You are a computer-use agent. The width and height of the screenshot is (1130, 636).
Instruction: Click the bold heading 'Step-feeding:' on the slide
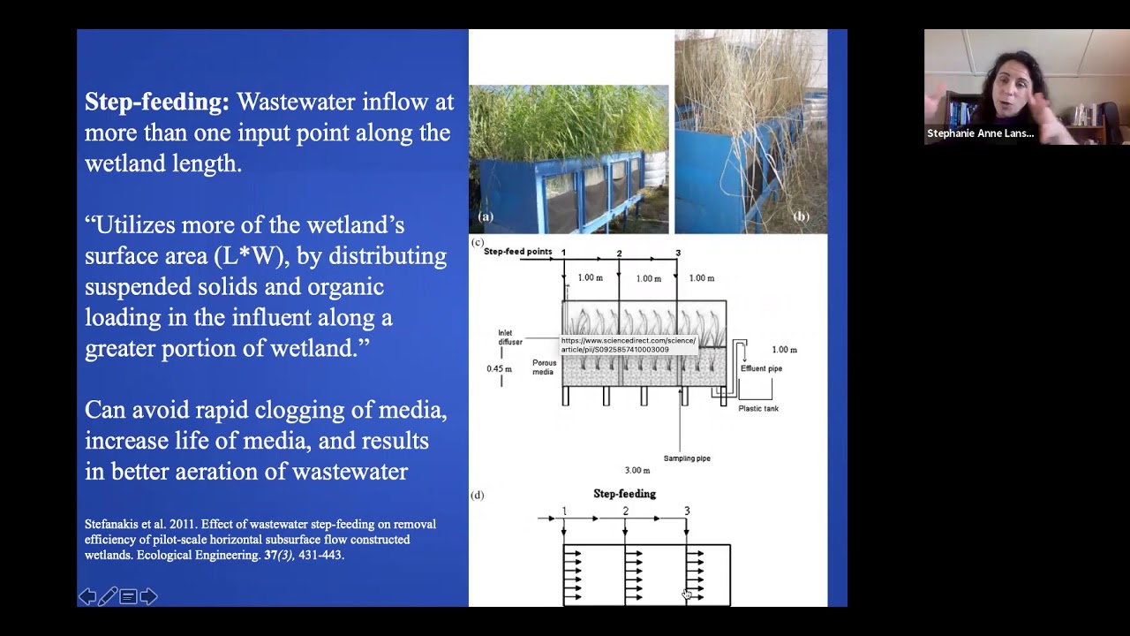click(x=156, y=102)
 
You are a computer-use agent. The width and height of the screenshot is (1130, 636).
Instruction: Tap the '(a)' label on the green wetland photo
click(x=486, y=216)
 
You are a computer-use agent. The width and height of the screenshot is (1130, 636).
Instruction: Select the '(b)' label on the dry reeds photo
click(x=801, y=216)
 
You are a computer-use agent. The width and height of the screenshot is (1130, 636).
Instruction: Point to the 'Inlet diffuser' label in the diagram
click(x=510, y=337)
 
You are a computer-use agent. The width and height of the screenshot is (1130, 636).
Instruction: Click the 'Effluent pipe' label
click(x=761, y=368)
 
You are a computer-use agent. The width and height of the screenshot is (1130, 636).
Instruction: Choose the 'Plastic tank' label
click(x=758, y=408)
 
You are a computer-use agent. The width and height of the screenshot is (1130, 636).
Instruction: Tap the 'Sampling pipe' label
click(x=687, y=458)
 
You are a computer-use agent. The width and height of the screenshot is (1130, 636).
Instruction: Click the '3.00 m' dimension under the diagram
click(x=637, y=471)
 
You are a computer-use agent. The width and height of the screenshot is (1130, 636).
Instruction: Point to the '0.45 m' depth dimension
click(x=499, y=369)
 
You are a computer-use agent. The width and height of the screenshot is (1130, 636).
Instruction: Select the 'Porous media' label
click(x=544, y=367)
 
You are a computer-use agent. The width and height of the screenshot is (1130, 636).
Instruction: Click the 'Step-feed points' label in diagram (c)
click(x=517, y=252)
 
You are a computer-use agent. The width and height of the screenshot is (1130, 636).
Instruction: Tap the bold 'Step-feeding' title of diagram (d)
click(x=624, y=494)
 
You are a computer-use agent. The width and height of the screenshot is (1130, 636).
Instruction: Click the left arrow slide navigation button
click(x=87, y=597)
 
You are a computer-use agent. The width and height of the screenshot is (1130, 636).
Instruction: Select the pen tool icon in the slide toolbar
click(x=108, y=597)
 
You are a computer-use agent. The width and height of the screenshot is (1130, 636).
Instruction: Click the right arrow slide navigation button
click(x=148, y=597)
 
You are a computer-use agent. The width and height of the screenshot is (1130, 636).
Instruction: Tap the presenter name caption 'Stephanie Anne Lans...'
click(x=980, y=133)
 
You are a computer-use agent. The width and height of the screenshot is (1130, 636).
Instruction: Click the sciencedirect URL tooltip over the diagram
click(x=629, y=344)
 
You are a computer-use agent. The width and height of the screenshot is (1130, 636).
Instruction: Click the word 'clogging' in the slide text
click(x=291, y=410)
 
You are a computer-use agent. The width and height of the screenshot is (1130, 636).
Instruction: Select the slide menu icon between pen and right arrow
click(x=128, y=597)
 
